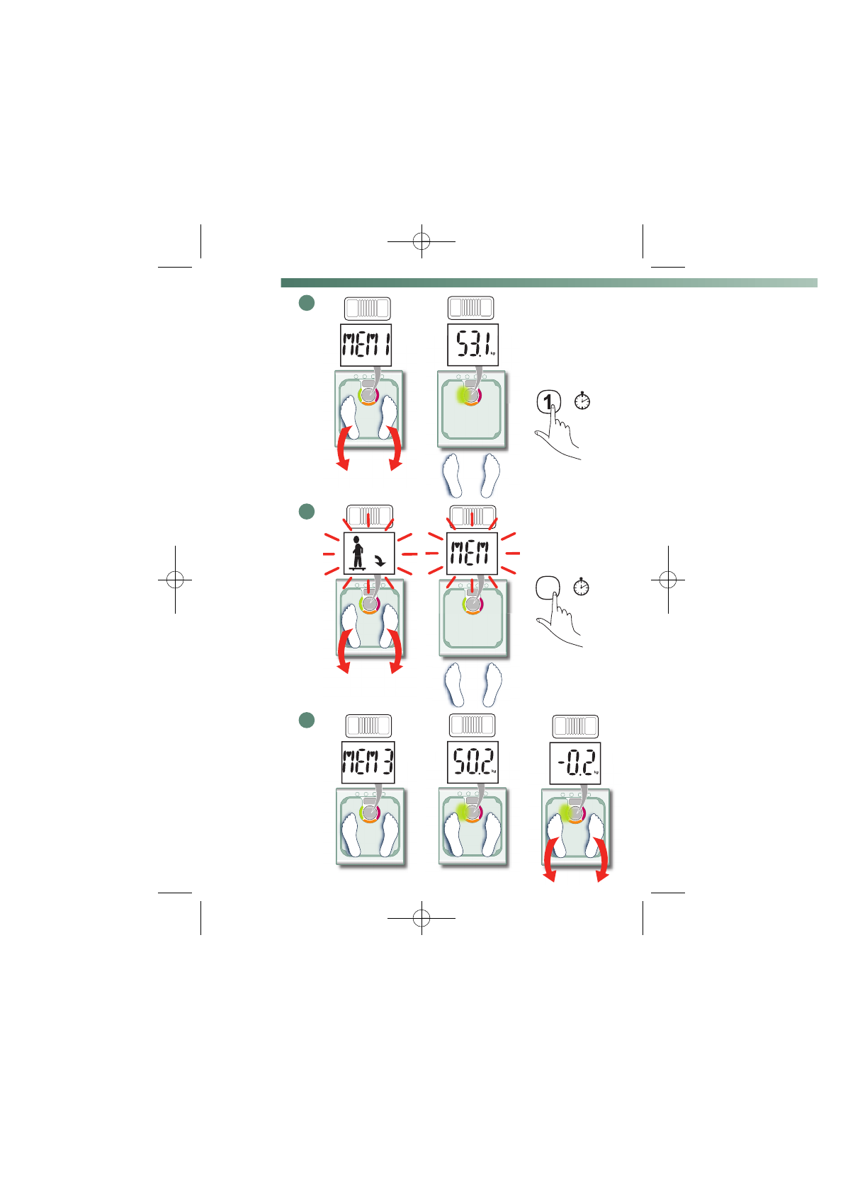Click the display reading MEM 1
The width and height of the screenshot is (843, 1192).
coord(366,345)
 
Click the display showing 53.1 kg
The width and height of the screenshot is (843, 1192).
coord(473,345)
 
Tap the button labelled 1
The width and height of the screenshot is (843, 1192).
coord(548,402)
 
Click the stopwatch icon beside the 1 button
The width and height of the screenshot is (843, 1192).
coord(582,401)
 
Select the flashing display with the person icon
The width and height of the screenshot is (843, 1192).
coord(369,553)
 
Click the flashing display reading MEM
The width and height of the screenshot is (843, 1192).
coord(473,553)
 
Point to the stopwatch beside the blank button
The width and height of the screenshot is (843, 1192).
coord(581,587)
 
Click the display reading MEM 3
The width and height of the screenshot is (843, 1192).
coord(368,762)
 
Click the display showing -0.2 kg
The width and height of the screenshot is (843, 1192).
coord(575,763)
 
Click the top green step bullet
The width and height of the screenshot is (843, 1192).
coord(306,303)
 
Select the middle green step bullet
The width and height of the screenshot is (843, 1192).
coord(306,511)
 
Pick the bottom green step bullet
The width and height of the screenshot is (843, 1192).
coord(306,720)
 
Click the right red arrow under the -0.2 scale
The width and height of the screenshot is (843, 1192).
coord(602,860)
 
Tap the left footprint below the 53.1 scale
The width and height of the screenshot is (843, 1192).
coord(453,475)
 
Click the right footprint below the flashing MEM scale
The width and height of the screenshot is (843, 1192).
coord(493,684)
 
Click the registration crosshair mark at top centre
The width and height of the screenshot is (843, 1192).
coord(421,241)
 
